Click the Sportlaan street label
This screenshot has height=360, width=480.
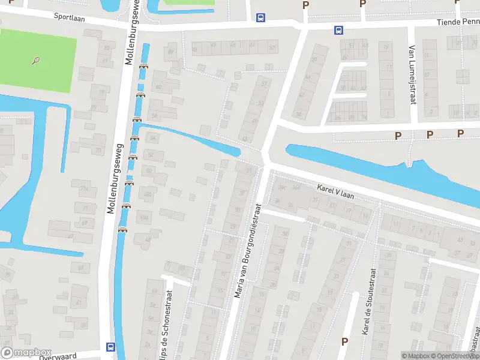69,18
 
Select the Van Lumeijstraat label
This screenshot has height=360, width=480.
412,75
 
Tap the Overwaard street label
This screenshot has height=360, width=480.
58,356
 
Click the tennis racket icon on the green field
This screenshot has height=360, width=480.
37,61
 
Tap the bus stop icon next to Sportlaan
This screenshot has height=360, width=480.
260,17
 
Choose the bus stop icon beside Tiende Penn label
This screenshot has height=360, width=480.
338,29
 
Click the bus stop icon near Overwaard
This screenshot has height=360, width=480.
110,346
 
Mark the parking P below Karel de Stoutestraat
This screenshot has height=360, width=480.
344,341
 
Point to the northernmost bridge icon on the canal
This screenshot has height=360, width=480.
143,66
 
